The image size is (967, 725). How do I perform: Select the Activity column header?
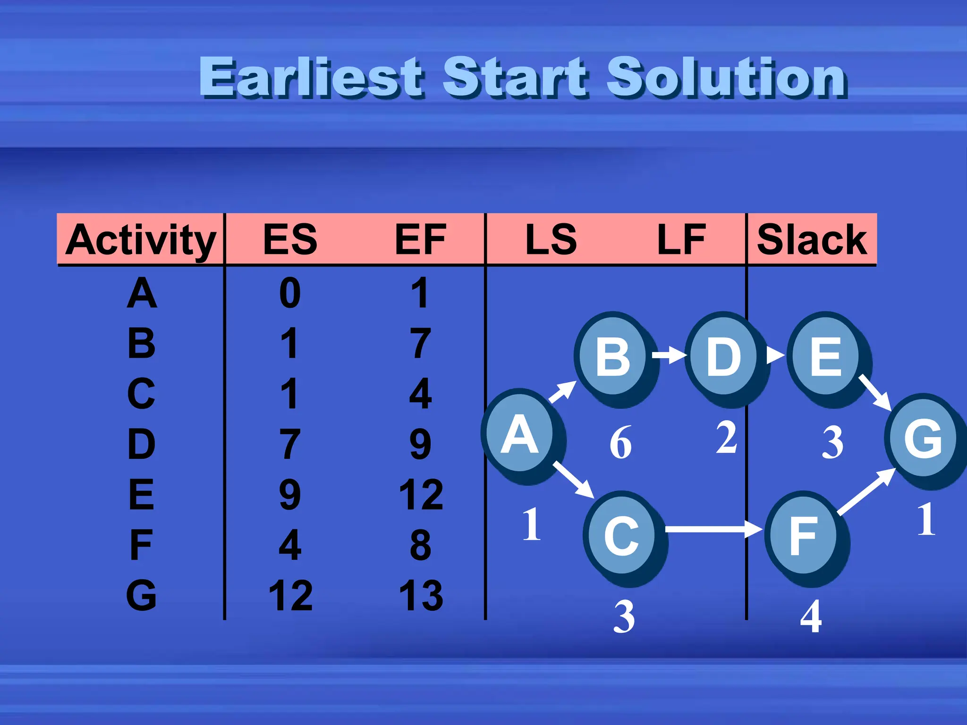click(141, 239)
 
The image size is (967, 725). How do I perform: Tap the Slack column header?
click(812, 239)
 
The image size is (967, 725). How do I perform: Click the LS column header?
click(551, 239)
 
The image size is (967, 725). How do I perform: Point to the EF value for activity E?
click(421, 495)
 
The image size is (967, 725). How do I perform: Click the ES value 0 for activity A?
click(290, 293)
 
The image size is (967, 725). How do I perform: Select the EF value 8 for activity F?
click(421, 545)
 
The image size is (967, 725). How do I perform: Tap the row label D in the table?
click(141, 444)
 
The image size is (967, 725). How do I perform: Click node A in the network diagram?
click(519, 435)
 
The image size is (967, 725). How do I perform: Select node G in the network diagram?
click(923, 439)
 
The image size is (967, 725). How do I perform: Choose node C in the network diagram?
click(621, 536)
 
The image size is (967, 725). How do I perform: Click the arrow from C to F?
click(713, 529)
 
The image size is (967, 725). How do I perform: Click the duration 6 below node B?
click(620, 443)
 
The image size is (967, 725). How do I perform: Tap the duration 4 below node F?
click(811, 616)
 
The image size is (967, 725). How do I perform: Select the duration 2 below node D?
click(726, 438)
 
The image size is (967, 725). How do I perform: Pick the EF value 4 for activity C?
click(421, 394)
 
